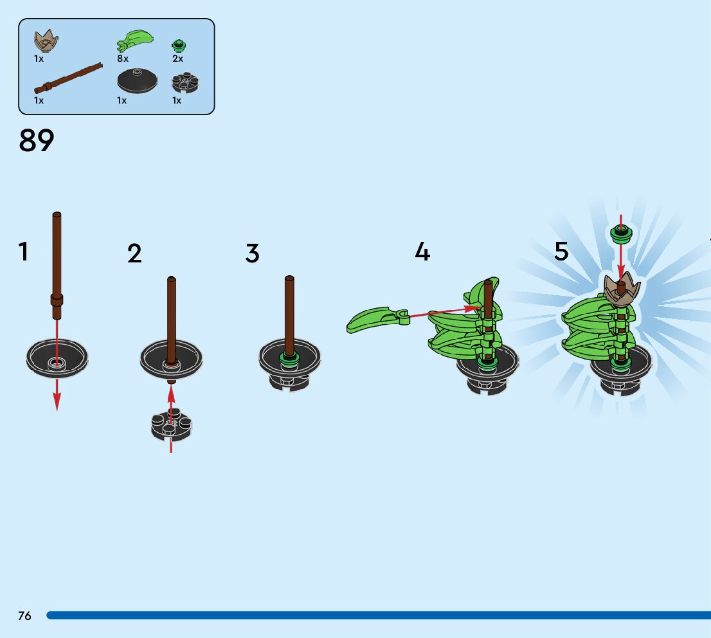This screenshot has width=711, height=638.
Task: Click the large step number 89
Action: point(37,140)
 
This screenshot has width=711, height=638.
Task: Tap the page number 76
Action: point(24,615)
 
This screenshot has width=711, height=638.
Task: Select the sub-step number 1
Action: point(24,251)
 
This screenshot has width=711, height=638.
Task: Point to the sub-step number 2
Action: point(134,253)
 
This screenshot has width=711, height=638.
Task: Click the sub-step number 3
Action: point(252,253)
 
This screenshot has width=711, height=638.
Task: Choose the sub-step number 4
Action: point(422,251)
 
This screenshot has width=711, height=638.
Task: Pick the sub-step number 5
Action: point(561,251)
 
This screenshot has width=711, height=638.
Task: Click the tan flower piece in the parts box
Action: point(46,42)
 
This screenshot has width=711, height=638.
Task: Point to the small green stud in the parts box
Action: point(178,45)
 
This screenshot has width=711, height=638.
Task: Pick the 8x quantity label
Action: point(123,59)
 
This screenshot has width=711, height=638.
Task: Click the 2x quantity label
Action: point(177,59)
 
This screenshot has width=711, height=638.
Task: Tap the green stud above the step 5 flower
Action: point(621,233)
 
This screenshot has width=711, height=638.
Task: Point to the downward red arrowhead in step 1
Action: point(57,402)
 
